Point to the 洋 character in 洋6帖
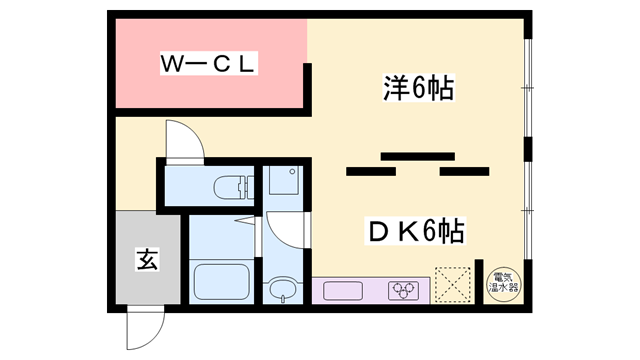pos(393,90)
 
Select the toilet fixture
pos(227,185)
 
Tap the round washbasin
pos(282,291)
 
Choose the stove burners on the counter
pos(405,290)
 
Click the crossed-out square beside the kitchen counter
pos(452,283)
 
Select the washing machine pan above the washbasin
pos(283,182)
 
